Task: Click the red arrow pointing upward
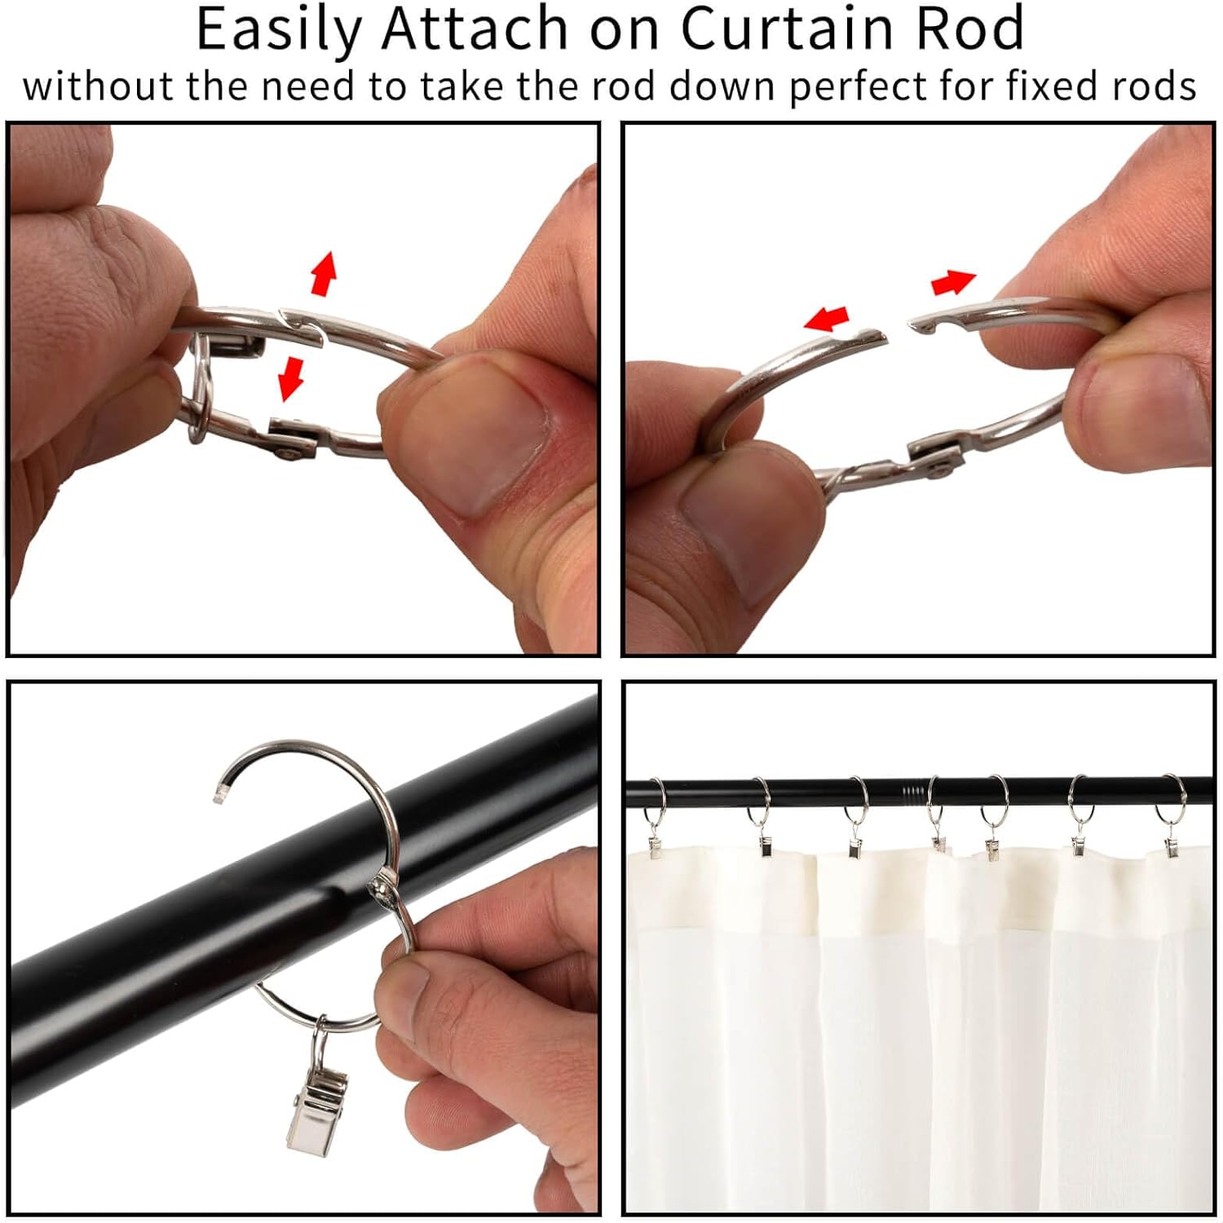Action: [324, 273]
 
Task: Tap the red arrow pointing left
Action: [827, 318]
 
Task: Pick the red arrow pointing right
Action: [953, 283]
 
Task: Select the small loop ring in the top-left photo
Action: [200, 391]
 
